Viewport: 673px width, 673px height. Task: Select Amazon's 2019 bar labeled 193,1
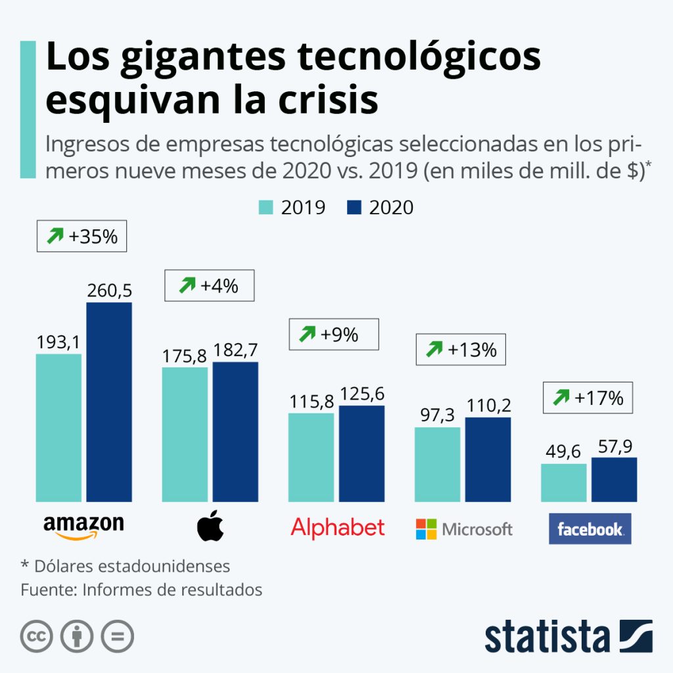click(59, 428)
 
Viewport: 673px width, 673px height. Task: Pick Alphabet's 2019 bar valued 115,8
click(312, 457)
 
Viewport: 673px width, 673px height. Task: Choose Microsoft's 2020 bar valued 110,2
click(488, 459)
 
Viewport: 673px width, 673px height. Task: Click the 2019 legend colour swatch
click(266, 208)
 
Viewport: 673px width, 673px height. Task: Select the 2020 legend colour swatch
click(354, 208)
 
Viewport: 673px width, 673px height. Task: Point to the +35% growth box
click(81, 237)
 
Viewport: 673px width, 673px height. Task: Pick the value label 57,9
click(614, 447)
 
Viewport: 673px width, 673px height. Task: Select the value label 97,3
click(437, 416)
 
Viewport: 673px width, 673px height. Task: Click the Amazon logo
click(83, 526)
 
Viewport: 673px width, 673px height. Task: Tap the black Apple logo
click(210, 527)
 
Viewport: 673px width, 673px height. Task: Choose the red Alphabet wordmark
click(337, 527)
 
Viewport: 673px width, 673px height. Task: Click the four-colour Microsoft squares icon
click(426, 529)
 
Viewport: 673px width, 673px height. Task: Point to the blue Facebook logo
click(590, 528)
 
